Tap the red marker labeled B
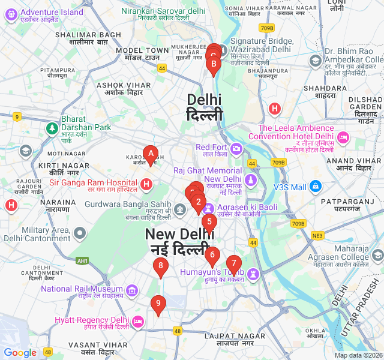[213, 64]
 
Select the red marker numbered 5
[209, 221]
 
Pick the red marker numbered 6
[211, 254]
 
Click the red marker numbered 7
[233, 263]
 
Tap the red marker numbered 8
[160, 265]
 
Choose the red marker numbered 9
[158, 304]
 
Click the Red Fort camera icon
[237, 148]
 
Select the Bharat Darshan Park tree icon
[52, 128]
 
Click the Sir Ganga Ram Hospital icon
[146, 183]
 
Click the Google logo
[20, 353]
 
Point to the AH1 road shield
[82, 260]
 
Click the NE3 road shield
[317, 236]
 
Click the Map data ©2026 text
[358, 355]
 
